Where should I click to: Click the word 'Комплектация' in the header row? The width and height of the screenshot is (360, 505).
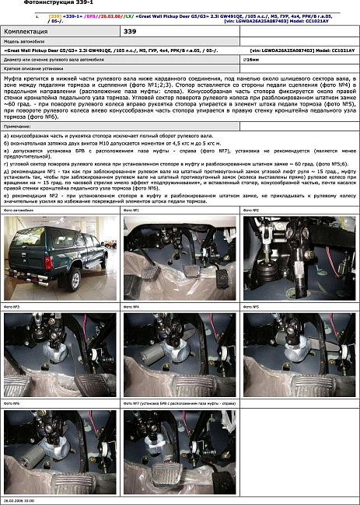(29, 31)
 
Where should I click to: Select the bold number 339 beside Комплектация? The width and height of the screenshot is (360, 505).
(132, 31)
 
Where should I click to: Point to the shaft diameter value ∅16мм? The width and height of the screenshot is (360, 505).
(250, 59)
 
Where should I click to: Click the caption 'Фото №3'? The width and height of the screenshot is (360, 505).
(12, 307)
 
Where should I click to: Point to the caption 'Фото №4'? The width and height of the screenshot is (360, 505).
(132, 307)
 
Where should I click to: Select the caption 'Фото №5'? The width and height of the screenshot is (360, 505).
(252, 307)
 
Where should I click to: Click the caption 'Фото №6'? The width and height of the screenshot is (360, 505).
(12, 404)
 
